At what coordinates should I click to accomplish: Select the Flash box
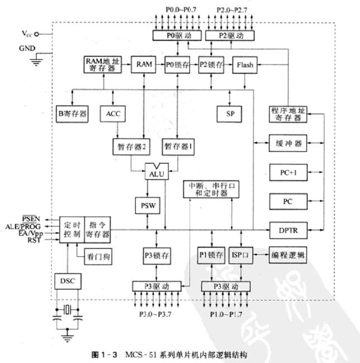point(244,65)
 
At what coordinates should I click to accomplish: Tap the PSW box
point(146,205)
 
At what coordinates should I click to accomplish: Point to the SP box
point(229,114)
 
